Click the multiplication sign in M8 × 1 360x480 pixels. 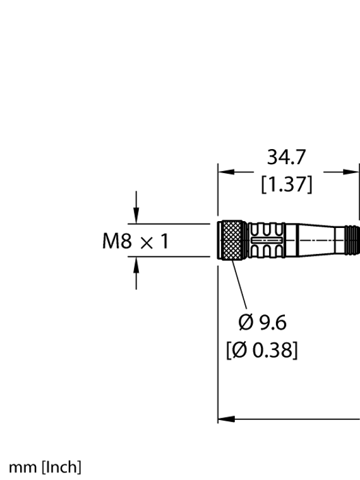click(x=145, y=242)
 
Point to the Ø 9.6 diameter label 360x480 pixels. click(x=262, y=323)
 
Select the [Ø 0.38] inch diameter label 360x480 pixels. click(x=262, y=349)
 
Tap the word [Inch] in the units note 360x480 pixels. click(x=61, y=467)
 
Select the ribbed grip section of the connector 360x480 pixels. click(x=268, y=240)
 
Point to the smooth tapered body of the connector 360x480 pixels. click(x=316, y=240)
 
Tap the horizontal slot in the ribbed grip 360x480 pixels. click(x=268, y=240)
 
